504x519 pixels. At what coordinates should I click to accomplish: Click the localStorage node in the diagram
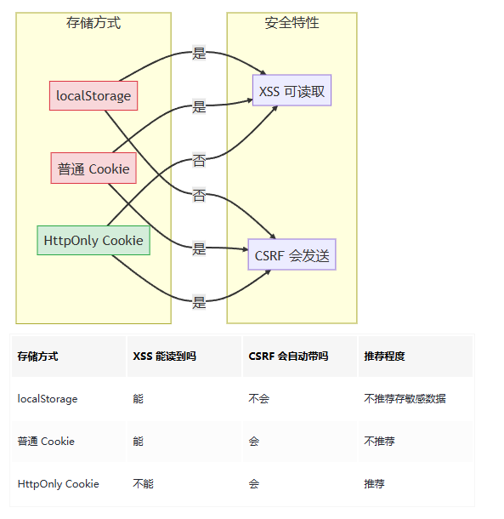(x=93, y=95)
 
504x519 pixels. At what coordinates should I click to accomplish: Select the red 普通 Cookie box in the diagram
(x=93, y=168)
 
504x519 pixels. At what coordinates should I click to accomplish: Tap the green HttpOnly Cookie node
(x=93, y=240)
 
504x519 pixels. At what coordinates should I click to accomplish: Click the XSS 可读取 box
(x=292, y=90)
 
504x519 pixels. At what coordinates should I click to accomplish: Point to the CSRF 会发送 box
(x=292, y=254)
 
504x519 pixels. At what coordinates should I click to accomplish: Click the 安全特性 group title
(x=292, y=23)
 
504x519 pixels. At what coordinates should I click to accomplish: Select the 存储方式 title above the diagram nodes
(x=93, y=23)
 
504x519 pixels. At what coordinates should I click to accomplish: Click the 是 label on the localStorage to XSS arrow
(x=199, y=53)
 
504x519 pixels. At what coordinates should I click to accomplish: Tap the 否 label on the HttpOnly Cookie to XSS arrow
(x=199, y=160)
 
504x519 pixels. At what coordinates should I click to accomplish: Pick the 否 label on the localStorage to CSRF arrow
(x=199, y=196)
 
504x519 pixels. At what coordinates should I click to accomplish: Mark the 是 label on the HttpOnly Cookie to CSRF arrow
(x=199, y=302)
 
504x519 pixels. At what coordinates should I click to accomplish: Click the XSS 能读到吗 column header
(x=165, y=356)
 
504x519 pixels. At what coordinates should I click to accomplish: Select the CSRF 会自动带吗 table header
(x=288, y=356)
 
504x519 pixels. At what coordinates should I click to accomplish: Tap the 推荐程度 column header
(x=384, y=356)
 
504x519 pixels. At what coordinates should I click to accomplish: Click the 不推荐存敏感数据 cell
(x=405, y=398)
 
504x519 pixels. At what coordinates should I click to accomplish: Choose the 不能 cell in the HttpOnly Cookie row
(x=144, y=483)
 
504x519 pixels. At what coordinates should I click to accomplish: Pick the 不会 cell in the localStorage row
(x=259, y=398)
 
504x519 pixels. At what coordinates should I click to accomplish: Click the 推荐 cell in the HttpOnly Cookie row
(x=374, y=483)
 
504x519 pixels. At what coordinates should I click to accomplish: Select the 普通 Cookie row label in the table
(x=46, y=441)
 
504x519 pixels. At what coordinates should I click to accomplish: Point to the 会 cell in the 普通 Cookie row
(x=254, y=441)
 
